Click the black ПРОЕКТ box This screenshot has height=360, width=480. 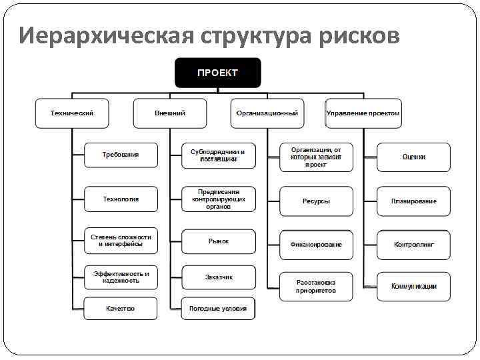tap(217, 73)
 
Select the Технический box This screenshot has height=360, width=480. tap(72, 113)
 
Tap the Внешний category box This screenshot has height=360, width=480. tap(170, 113)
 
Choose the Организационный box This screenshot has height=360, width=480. tap(267, 113)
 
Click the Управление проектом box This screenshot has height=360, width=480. tap(363, 113)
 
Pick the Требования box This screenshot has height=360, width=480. tap(121, 155)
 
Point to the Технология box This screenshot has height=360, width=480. tap(121, 199)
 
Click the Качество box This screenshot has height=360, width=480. tap(121, 309)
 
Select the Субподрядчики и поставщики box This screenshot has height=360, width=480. tap(218, 155)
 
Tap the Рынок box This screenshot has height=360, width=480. tap(218, 241)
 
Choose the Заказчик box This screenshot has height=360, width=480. tap(218, 277)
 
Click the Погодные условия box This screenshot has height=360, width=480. tap(218, 309)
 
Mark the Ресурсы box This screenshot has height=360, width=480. tap(316, 201)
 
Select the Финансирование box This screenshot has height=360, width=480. tap(316, 245)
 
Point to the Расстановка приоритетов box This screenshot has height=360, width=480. tap(316, 287)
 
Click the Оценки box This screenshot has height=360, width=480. tap(413, 157)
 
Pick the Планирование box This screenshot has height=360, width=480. tap(413, 201)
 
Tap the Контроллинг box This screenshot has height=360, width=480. tap(413, 245)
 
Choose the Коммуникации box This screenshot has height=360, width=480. tap(413, 287)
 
